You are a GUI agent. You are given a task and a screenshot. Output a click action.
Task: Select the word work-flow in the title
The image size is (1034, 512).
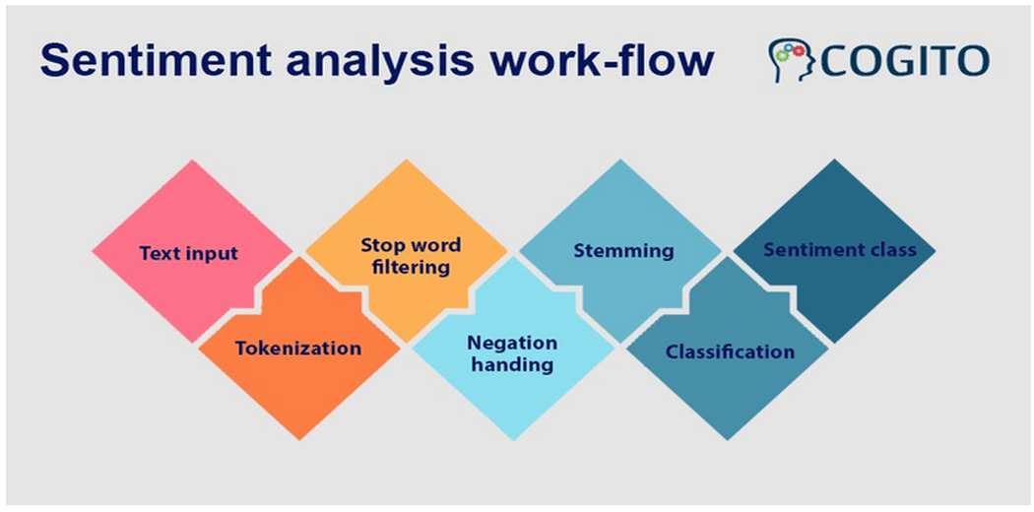pyautogui.click(x=612, y=60)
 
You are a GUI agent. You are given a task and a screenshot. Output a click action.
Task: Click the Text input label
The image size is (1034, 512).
pyautogui.click(x=188, y=253)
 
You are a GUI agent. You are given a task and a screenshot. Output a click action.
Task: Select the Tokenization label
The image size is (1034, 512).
pyautogui.click(x=297, y=348)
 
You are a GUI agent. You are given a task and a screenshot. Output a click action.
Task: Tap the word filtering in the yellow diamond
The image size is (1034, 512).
pyautogui.click(x=411, y=267)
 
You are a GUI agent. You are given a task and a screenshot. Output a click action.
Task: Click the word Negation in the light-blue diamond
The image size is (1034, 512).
pyautogui.click(x=512, y=344)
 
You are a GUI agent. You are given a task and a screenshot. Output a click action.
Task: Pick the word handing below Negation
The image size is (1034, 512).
pyautogui.click(x=511, y=364)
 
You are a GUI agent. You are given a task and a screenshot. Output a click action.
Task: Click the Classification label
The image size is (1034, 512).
pyautogui.click(x=730, y=352)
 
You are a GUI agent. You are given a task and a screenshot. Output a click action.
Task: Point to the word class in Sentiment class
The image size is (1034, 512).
pyautogui.click(x=891, y=249)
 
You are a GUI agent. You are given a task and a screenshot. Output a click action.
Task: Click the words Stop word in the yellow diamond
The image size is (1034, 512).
pyautogui.click(x=410, y=245)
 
